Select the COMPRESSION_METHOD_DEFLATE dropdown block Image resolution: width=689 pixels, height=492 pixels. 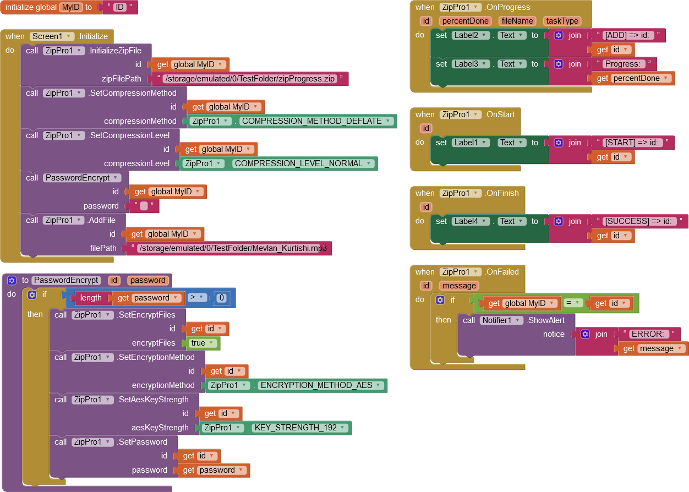tap(311, 121)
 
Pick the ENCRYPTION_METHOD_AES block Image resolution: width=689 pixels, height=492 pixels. tap(316, 385)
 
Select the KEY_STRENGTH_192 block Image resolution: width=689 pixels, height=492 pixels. tap(295, 428)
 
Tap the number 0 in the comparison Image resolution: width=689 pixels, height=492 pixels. tap(221, 298)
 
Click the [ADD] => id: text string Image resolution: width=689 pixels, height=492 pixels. tap(628, 35)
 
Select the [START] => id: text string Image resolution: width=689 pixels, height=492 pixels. tap(632, 143)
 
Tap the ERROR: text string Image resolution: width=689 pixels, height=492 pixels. tap(649, 334)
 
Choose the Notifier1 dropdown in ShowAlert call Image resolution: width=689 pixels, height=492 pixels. tap(501, 320)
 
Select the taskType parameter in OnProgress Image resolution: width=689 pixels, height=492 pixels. tap(562, 21)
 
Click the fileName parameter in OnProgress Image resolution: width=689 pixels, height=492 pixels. tap(518, 21)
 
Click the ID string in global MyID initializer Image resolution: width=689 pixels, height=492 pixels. tap(119, 7)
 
